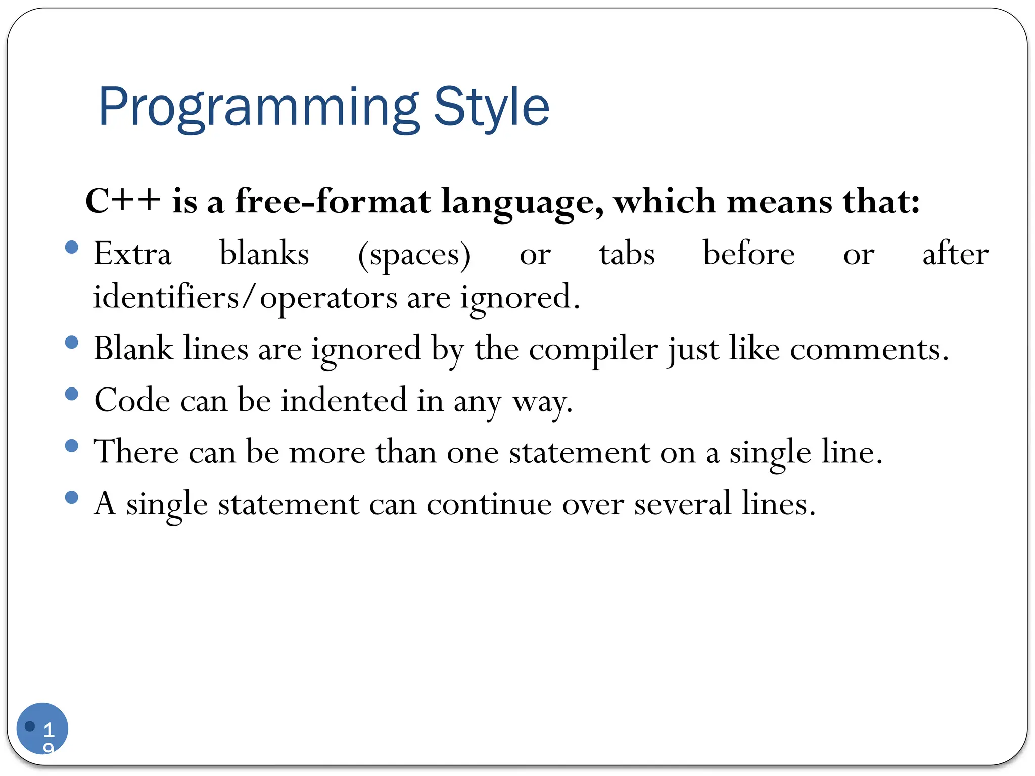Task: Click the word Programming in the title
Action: [258, 108]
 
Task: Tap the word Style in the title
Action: [491, 108]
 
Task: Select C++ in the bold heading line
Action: [123, 201]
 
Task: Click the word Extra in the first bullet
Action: [132, 254]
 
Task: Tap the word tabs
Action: [627, 254]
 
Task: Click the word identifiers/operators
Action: [245, 297]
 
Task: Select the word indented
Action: [344, 401]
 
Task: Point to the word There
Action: [136, 452]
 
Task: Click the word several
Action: [682, 504]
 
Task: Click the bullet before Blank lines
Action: [72, 343]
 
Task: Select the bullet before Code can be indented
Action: [72, 394]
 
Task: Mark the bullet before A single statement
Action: [72, 498]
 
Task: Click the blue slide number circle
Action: [42, 728]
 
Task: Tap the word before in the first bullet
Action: [748, 254]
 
